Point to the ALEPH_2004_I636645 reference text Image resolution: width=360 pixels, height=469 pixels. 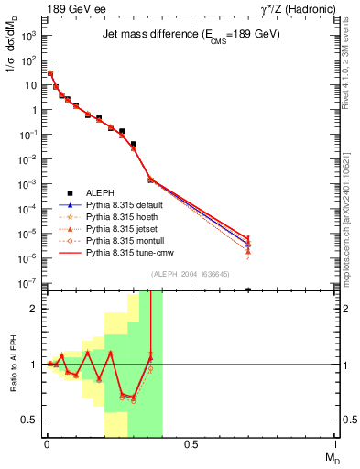[190, 275]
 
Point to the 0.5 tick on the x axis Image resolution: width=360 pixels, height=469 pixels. [191, 445]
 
